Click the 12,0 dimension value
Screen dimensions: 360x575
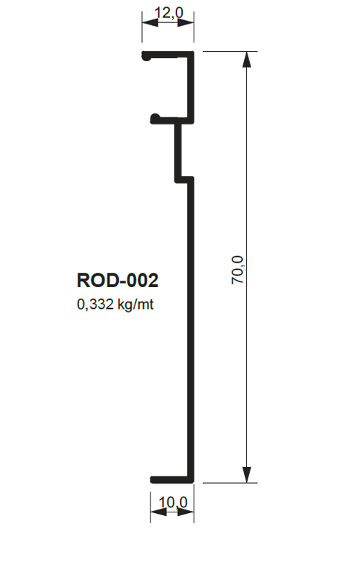[x=168, y=13]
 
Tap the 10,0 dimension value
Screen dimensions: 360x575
[x=173, y=502]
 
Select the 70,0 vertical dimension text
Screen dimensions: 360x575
[x=238, y=270]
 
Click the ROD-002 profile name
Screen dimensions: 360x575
[x=117, y=280]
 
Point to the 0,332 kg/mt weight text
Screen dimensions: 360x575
[x=115, y=304]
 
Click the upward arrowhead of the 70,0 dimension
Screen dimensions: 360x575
[x=247, y=60]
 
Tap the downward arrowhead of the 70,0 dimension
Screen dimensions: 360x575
[x=247, y=474]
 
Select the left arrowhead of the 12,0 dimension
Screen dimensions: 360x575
[x=150, y=23]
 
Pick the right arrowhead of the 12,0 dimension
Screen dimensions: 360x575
[x=186, y=23]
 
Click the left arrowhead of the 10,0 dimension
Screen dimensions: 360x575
[x=158, y=512]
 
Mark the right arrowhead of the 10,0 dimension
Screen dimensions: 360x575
[x=186, y=512]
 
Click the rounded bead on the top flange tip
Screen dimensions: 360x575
[x=146, y=56]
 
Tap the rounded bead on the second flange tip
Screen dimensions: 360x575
[x=155, y=119]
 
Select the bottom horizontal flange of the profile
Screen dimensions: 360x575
[x=172, y=480]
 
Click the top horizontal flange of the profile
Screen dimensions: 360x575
[x=168, y=55]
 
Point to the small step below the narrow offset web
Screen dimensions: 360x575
[x=184, y=180]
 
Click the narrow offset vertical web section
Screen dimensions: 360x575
[x=178, y=150]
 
